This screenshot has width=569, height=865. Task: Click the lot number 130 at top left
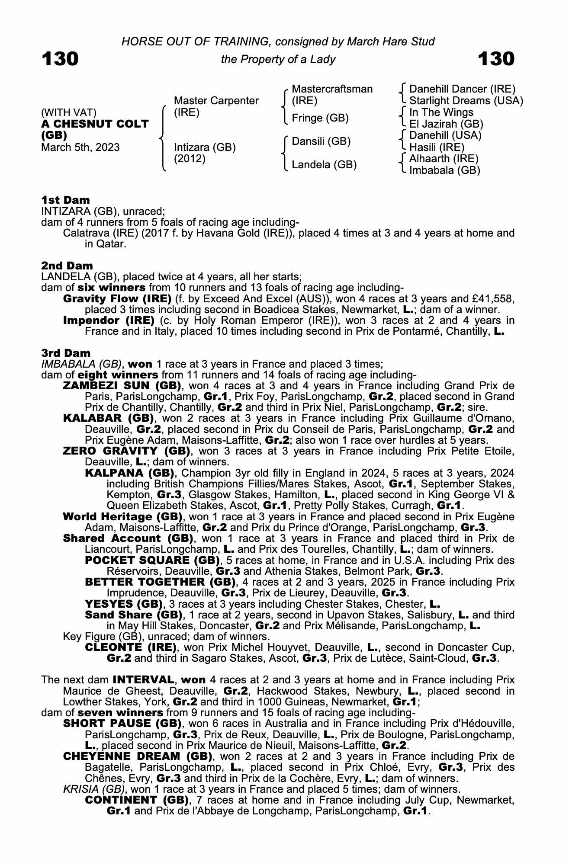pyautogui.click(x=60, y=59)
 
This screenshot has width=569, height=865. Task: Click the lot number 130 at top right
pyautogui.click(x=496, y=59)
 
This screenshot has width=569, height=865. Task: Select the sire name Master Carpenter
pyautogui.click(x=216, y=101)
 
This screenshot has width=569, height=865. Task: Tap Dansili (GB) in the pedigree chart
pyautogui.click(x=321, y=141)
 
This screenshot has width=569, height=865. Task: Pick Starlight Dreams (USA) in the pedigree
pyautogui.click(x=466, y=101)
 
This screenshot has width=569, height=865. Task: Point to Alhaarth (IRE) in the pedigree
pyautogui.click(x=444, y=159)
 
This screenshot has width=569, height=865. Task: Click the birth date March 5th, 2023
pyautogui.click(x=80, y=147)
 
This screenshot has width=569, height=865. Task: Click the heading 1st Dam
pyautogui.click(x=65, y=200)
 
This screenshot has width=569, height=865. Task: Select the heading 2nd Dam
pyautogui.click(x=67, y=265)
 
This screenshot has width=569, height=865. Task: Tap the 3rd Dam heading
pyautogui.click(x=66, y=353)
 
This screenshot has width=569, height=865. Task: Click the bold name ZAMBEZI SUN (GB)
pyautogui.click(x=122, y=385)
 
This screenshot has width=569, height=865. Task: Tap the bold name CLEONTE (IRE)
pyautogui.click(x=131, y=647)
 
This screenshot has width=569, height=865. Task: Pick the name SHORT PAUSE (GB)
pyautogui.click(x=122, y=724)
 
